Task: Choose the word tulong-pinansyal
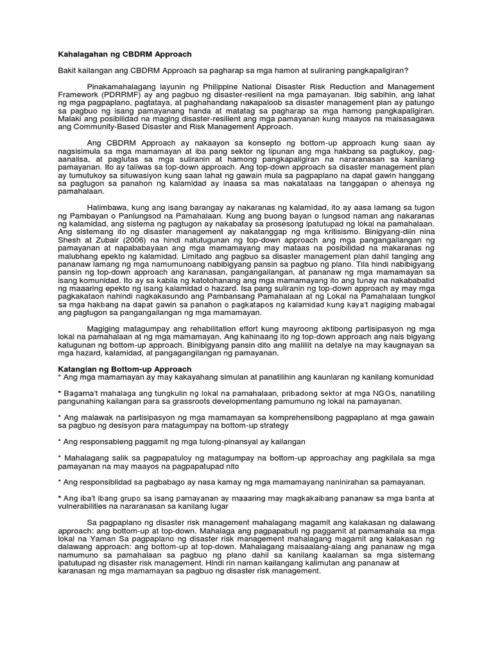(205, 441)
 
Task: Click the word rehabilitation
(198, 327)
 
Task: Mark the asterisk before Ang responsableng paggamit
(60, 442)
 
